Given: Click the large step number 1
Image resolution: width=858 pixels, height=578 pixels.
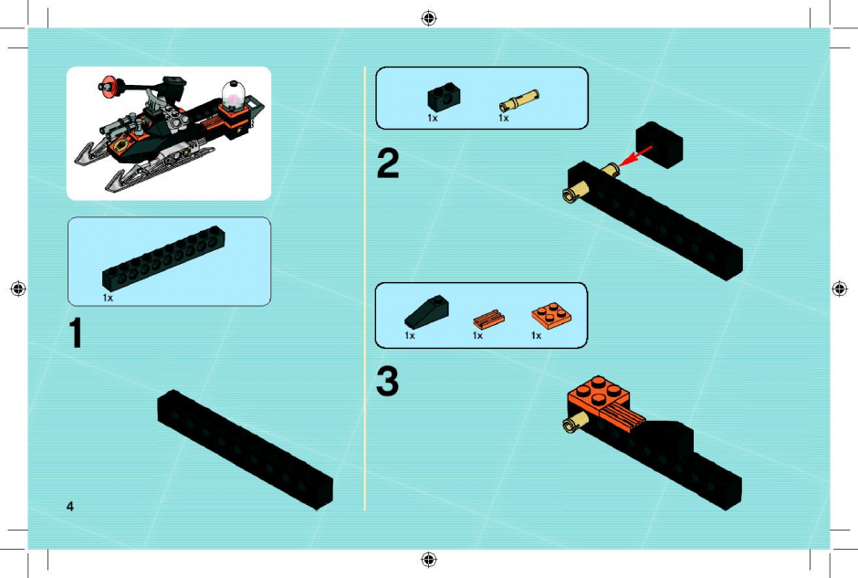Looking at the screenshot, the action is point(76,332).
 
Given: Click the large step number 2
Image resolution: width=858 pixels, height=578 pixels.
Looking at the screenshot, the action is point(388,163).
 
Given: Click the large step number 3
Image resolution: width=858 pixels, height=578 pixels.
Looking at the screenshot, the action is point(387,382).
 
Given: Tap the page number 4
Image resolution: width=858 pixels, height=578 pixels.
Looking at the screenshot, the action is point(70,506).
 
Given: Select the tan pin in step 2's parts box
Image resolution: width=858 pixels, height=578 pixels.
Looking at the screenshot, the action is point(518,100).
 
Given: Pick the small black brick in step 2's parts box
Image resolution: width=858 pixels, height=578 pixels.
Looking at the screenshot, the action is point(444,98).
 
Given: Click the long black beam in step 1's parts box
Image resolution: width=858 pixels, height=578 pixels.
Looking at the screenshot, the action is point(163,257).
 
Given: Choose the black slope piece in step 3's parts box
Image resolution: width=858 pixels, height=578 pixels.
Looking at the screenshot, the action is point(427,312).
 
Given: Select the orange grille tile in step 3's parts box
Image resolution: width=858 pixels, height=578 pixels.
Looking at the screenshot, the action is point(488,319).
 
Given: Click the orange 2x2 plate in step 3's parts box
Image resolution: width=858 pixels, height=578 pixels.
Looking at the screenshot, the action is point(551,315).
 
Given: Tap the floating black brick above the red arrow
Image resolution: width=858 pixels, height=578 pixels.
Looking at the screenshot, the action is point(660,144).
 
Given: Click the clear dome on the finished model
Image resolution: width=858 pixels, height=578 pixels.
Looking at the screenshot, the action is point(234,94).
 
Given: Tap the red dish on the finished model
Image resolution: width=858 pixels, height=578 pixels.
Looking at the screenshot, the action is point(108,87).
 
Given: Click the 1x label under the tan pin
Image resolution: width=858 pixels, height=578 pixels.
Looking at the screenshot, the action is point(504,118).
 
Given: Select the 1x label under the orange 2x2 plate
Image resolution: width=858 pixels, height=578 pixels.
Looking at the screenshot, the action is point(537,335).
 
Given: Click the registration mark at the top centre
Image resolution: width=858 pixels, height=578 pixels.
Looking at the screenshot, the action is point(429,18).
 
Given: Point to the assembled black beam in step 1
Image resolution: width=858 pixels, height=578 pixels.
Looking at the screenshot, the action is point(246,449).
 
